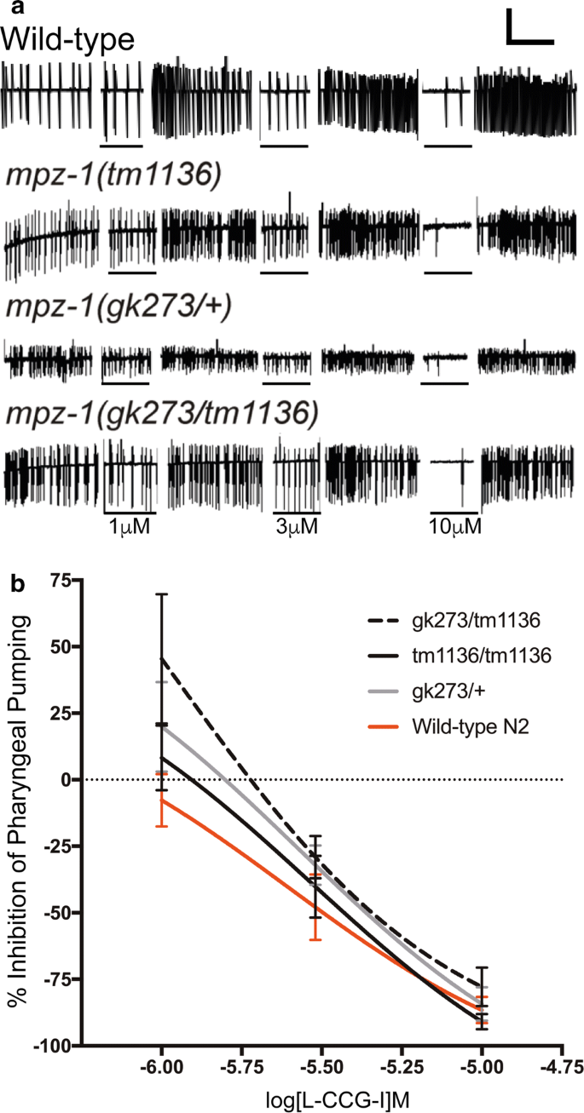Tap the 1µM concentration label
pyautogui.click(x=130, y=527)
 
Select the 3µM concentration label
pyautogui.click(x=297, y=527)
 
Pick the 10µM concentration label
pyautogui.click(x=454, y=527)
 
